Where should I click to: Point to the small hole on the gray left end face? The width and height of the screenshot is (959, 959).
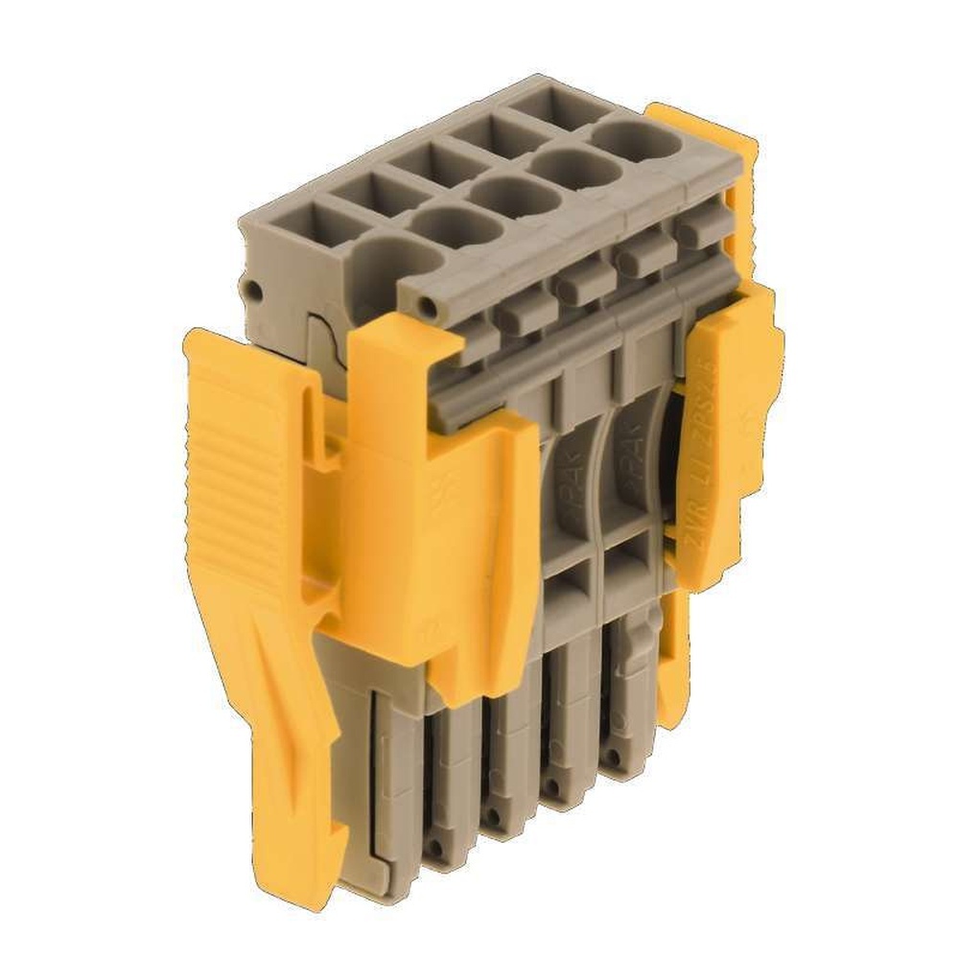[253, 290]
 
